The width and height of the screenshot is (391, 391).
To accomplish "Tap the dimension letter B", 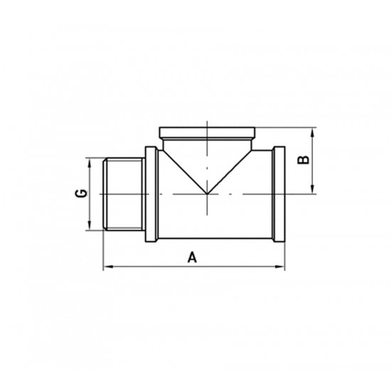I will click(x=302, y=160).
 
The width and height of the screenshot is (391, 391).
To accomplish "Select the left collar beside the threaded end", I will click(x=151, y=194).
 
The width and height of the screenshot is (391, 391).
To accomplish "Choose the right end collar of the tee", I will click(x=278, y=194).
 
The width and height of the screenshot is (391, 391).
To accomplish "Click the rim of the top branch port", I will click(x=207, y=132).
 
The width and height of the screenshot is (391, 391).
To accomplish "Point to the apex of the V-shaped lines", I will click(x=207, y=193).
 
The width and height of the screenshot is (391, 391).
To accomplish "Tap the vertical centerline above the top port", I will click(x=207, y=122).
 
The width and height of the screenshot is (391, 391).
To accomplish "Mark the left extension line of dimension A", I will click(x=104, y=249).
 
